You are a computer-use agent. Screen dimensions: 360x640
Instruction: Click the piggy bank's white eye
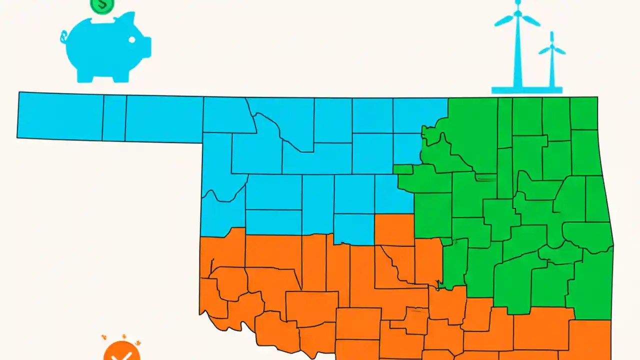(132, 39)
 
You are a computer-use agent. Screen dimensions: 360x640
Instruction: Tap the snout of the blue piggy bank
(146, 45)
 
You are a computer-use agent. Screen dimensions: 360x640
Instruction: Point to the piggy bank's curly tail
(63, 36)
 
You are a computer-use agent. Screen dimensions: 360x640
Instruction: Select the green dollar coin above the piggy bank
(102, 5)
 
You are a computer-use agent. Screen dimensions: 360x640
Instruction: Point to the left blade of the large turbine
(504, 21)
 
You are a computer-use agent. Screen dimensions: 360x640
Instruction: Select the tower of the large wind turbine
(518, 55)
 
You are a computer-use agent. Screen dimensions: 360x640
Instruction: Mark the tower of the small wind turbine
(552, 70)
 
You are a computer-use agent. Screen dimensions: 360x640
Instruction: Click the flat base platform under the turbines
(526, 90)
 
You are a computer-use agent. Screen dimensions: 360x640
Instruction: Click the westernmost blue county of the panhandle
(60, 116)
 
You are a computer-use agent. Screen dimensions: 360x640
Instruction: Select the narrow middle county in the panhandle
(114, 118)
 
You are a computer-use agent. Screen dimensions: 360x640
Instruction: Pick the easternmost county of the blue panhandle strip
(164, 119)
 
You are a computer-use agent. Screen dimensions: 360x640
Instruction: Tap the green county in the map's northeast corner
(583, 113)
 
